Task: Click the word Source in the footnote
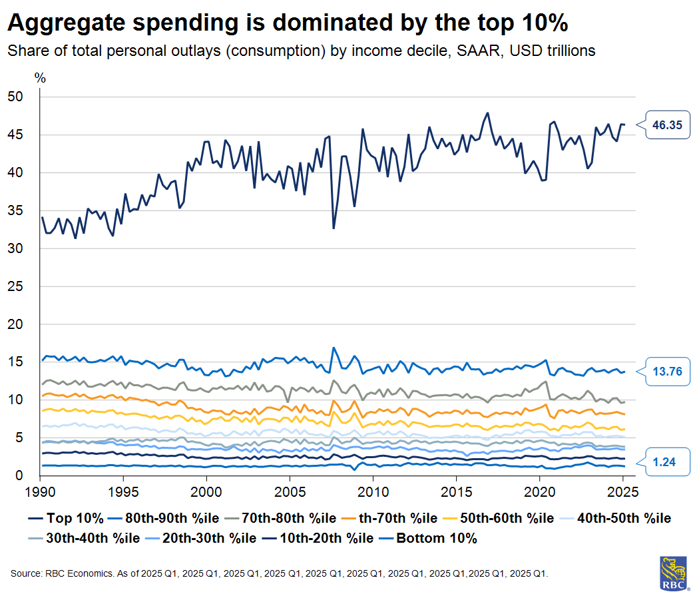[x=25, y=573]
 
